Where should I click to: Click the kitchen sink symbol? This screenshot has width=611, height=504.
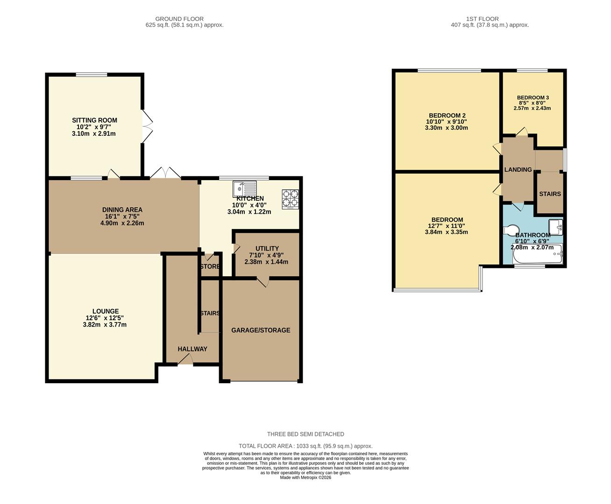[x=244, y=189]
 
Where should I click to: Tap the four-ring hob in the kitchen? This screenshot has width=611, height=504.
[x=290, y=198]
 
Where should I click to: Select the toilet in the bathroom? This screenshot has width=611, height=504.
[x=511, y=230]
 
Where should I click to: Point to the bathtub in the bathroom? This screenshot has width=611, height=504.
[x=538, y=255]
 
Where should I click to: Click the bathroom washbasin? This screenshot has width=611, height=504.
[x=556, y=227]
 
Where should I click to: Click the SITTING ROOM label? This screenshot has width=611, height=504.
[x=94, y=120]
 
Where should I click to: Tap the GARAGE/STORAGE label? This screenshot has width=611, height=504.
[x=261, y=330]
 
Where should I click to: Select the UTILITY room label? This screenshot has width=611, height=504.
[x=267, y=248]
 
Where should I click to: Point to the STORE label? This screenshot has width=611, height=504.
[x=210, y=266]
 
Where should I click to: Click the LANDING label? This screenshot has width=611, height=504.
[x=518, y=169]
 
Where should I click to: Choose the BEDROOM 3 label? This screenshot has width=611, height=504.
[x=533, y=98]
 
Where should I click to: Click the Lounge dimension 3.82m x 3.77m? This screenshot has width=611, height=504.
[x=105, y=325]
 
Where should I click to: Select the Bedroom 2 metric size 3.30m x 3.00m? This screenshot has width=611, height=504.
[x=447, y=128]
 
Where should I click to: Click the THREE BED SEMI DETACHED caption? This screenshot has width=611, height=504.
[x=305, y=434]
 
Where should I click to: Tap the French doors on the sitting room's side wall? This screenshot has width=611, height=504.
[x=147, y=126]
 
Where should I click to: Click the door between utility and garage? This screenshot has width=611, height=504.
[x=263, y=281]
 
